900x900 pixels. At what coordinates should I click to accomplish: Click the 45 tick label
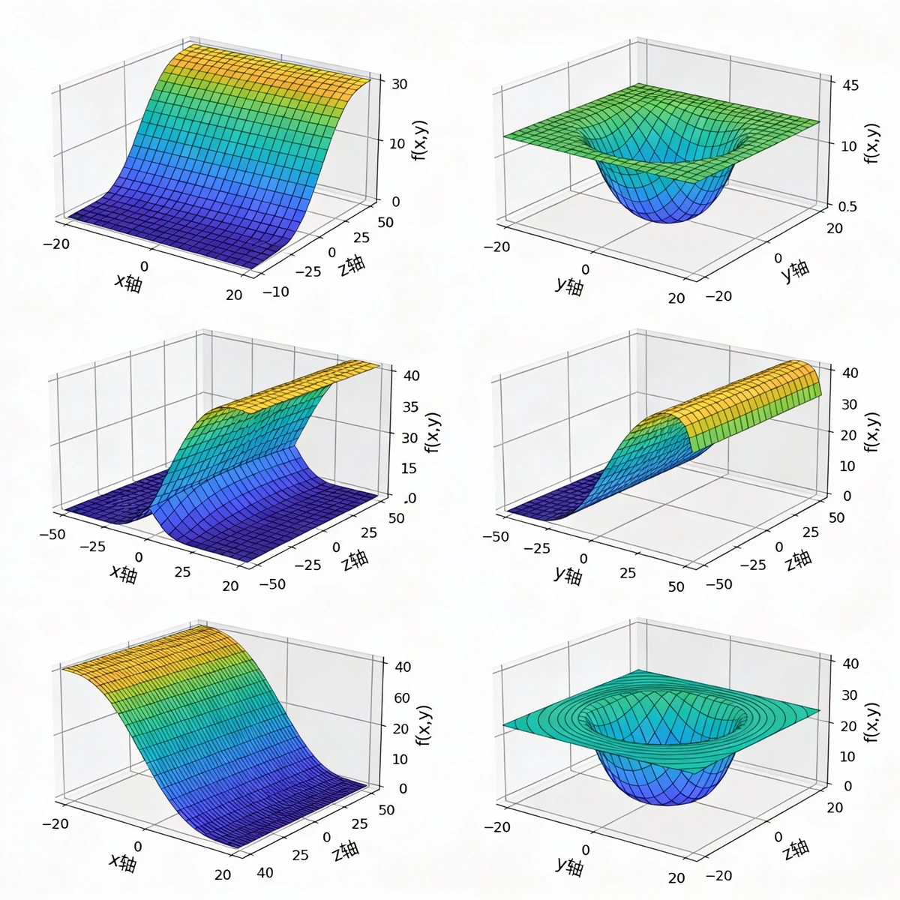pos(850,85)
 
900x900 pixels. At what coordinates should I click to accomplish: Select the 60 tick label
pos(402,698)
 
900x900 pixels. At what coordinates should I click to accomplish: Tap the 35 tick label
pos(409,407)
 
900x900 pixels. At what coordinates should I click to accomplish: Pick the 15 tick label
pos(409,469)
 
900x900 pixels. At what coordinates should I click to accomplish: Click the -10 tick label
pos(275,292)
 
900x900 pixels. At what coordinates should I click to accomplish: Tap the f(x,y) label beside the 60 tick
pos(424,726)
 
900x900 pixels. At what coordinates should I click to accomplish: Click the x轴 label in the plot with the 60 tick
pos(123,862)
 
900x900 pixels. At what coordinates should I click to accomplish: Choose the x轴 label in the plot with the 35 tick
pos(124,574)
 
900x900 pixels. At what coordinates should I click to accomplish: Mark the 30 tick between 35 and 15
pos(409,438)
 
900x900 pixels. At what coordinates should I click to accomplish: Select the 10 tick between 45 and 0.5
pos(848,145)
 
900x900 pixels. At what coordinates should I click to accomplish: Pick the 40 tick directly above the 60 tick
pos(401,666)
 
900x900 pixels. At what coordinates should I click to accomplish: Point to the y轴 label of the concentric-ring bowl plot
pos(569,864)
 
